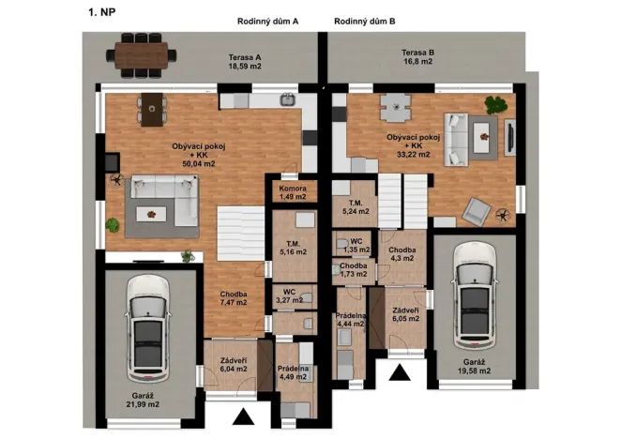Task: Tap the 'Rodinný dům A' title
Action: (267, 20)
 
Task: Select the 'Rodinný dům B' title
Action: (364, 20)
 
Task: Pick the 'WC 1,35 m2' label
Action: (356, 246)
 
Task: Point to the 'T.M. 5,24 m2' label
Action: (356, 207)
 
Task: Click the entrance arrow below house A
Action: (242, 418)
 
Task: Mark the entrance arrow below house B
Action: (400, 375)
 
